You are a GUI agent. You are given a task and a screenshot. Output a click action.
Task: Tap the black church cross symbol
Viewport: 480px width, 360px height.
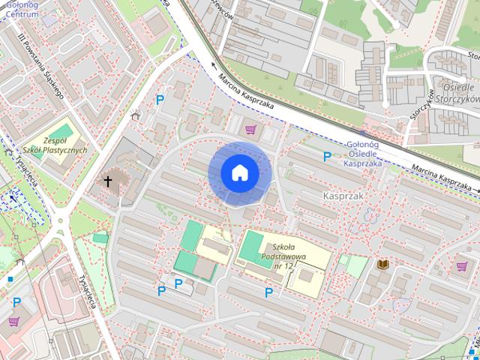(108, 181)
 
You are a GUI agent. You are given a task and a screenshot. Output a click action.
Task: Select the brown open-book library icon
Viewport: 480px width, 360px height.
(382, 264)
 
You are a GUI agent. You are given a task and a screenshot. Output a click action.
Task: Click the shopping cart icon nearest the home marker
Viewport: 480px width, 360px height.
(250, 130)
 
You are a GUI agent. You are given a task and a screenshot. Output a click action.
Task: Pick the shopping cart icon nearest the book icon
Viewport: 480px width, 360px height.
(461, 265)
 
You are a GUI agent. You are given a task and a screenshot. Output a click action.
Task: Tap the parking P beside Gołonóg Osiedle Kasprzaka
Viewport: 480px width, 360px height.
(326, 157)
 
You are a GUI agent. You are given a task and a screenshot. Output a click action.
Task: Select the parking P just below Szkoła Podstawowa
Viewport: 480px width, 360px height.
(268, 292)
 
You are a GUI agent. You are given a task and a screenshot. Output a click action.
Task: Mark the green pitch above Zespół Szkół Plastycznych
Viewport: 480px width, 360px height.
(64, 131)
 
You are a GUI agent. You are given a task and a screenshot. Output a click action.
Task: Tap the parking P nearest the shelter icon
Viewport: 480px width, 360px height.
(159, 99)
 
